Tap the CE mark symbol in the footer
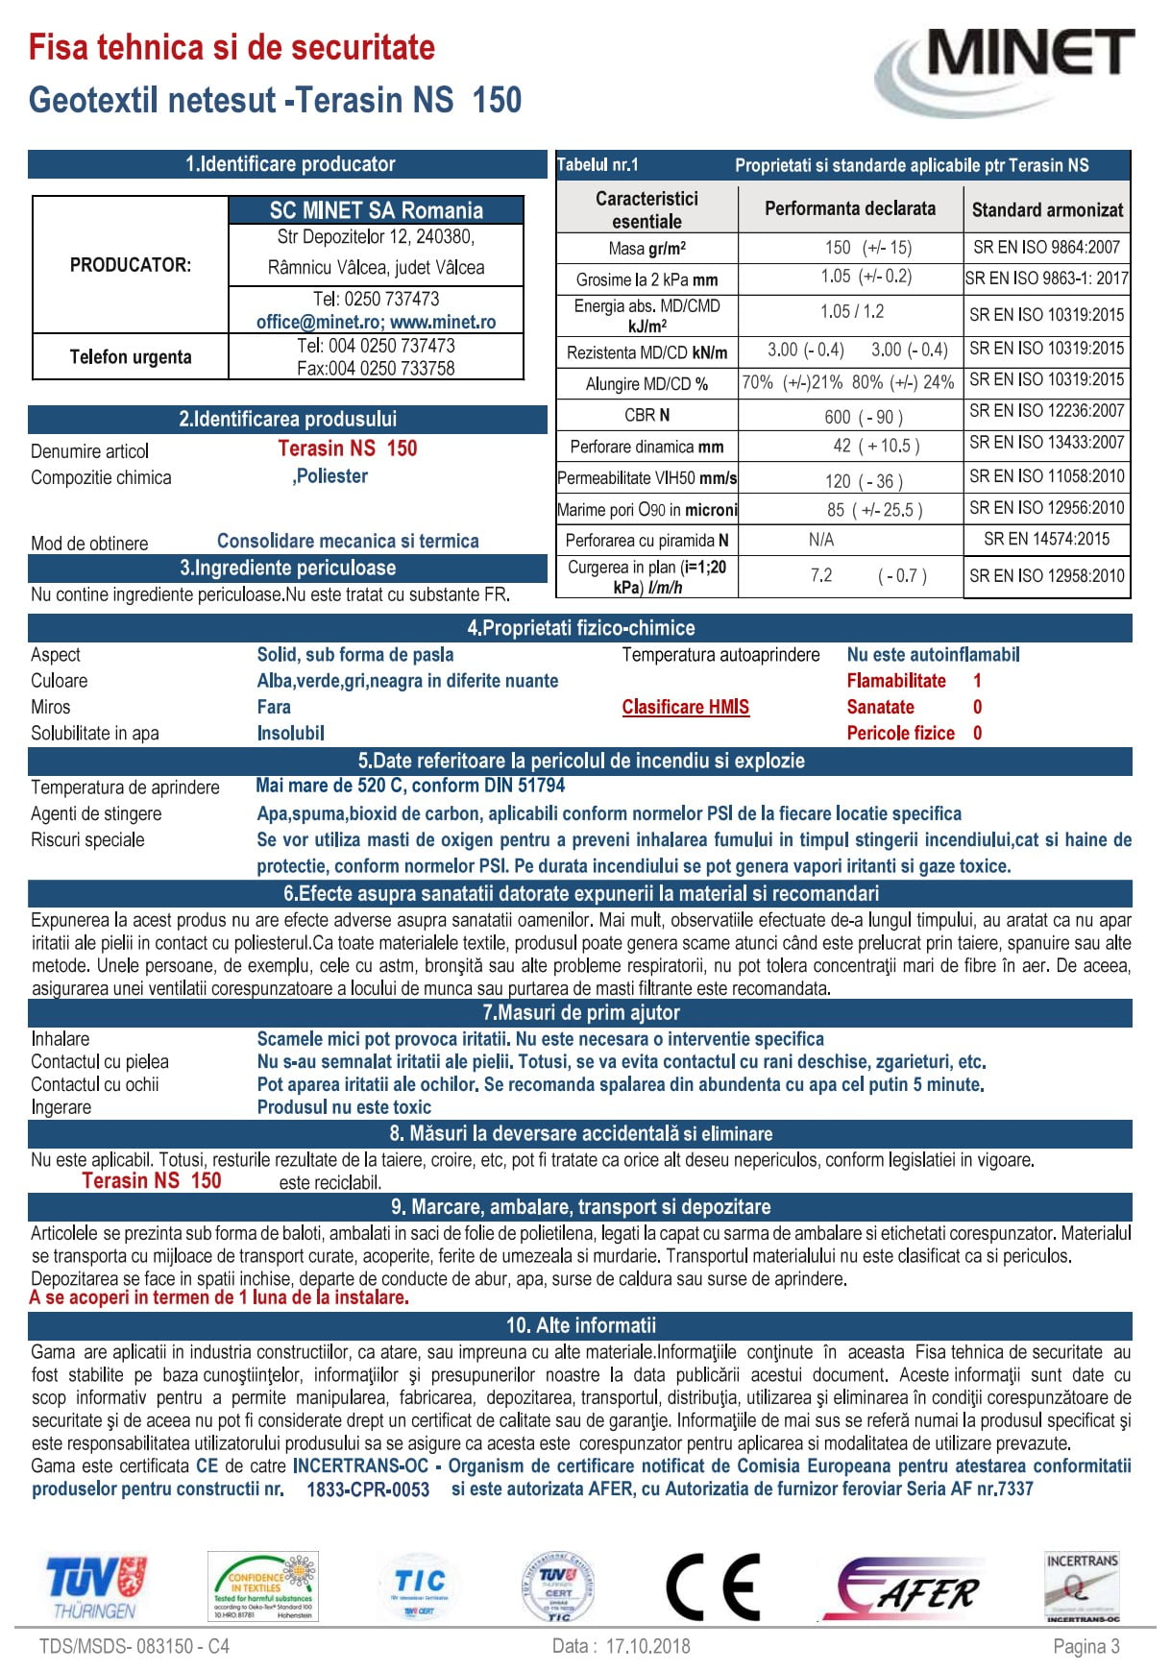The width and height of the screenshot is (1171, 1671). click(x=713, y=1586)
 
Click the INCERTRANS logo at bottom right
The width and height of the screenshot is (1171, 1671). click(x=1082, y=1588)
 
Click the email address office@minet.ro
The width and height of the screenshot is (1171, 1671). click(x=320, y=323)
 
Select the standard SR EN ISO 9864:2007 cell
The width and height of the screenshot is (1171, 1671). click(x=1046, y=247)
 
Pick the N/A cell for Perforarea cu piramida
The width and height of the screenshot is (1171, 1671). click(x=821, y=540)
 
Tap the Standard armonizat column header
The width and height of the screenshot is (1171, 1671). click(x=1047, y=209)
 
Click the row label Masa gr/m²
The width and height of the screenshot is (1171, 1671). click(x=646, y=249)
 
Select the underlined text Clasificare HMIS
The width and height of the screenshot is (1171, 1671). click(x=685, y=707)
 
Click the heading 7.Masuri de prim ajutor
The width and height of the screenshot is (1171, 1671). click(x=580, y=1012)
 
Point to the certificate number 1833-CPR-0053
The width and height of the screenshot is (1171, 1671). click(x=368, y=1489)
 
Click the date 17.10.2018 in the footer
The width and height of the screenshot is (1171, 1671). click(x=647, y=1646)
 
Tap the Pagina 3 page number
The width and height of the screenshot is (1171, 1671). click(x=1086, y=1646)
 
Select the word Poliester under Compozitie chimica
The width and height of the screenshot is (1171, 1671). click(x=331, y=476)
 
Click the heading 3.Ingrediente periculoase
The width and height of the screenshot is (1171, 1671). click(x=287, y=568)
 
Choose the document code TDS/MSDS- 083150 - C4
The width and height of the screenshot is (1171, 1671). click(x=134, y=1646)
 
